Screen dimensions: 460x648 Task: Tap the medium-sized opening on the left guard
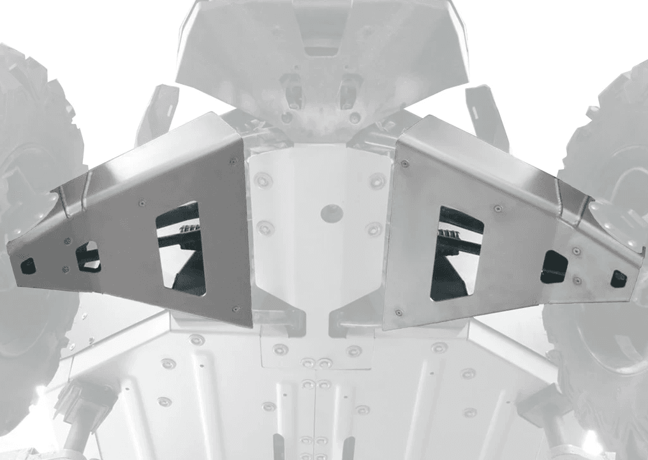tap(88, 256)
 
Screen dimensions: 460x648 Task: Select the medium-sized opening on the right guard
tap(554, 267)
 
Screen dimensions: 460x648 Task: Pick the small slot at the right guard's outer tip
tap(618, 278)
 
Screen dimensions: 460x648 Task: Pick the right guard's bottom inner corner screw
tap(399, 312)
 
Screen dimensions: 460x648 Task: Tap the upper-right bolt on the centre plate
tap(378, 181)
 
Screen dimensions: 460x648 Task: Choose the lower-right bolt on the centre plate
tap(374, 228)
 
